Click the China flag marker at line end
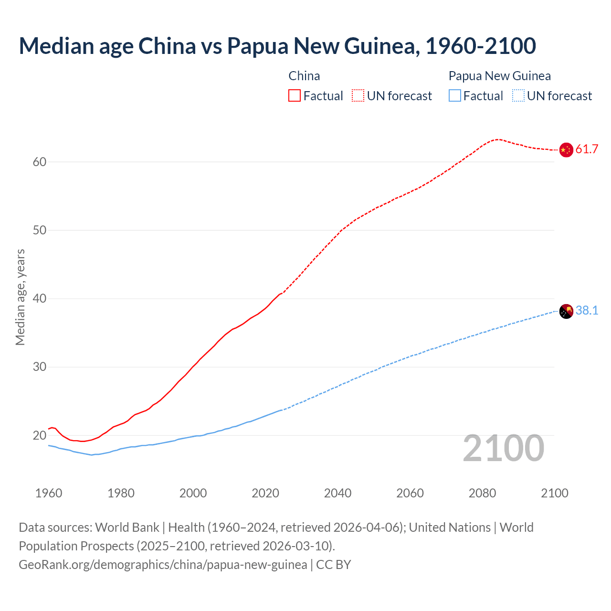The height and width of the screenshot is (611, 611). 566,150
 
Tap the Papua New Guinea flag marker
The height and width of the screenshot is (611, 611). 566,311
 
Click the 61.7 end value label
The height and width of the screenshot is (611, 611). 587,149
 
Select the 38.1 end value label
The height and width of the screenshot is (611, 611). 587,311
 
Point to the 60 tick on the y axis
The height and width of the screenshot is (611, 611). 40,162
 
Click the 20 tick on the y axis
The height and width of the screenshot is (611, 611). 40,435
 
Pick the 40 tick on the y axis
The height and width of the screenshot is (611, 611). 40,299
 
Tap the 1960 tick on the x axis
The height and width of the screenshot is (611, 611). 49,493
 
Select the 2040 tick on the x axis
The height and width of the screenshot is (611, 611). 337,493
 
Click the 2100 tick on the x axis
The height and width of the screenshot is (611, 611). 554,493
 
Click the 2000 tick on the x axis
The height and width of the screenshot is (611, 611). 193,493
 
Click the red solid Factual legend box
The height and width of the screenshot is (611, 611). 295,96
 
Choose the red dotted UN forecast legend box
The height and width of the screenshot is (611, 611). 358,96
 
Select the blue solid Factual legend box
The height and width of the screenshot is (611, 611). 455,96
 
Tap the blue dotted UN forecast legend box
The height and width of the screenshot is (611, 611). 518,96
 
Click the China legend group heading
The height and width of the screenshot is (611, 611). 304,76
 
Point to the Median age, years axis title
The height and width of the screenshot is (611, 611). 20,297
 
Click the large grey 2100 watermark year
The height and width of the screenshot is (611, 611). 503,448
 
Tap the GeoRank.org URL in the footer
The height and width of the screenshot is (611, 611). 163,565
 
